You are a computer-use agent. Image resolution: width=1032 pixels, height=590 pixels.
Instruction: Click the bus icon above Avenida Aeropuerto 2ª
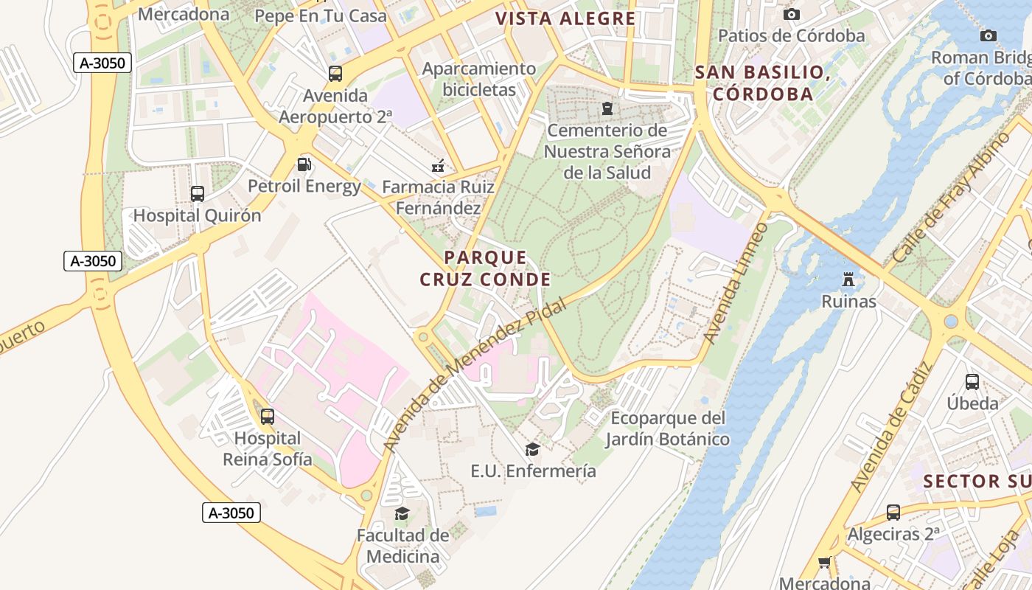pyautogui.click(x=335, y=74)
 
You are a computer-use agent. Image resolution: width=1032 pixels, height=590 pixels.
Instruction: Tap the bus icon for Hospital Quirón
pyautogui.click(x=198, y=194)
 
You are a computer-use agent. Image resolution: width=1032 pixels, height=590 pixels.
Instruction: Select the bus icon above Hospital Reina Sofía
pyautogui.click(x=268, y=417)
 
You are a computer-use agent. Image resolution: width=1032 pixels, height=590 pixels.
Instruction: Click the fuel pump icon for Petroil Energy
pyautogui.click(x=304, y=164)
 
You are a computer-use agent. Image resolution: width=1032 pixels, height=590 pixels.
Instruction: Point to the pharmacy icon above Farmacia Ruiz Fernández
pyautogui.click(x=438, y=166)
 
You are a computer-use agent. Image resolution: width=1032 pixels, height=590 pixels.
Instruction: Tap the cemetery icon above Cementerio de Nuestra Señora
pyautogui.click(x=607, y=109)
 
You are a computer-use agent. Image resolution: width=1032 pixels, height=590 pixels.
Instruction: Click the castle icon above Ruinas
pyautogui.click(x=848, y=280)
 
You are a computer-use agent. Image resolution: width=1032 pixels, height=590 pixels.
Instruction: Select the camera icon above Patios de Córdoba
pyautogui.click(x=792, y=14)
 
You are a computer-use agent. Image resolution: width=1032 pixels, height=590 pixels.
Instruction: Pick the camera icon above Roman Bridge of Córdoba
pyautogui.click(x=988, y=35)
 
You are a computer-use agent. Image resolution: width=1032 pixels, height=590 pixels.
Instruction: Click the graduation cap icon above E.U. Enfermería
pyautogui.click(x=532, y=449)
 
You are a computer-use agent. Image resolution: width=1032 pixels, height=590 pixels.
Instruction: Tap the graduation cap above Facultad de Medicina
pyautogui.click(x=402, y=513)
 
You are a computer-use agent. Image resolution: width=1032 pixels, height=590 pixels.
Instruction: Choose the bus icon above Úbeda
pyautogui.click(x=972, y=382)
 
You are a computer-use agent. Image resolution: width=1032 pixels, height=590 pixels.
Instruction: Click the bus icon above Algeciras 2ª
pyautogui.click(x=893, y=513)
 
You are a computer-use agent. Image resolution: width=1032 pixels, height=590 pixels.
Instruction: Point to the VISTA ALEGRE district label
pyautogui.click(x=565, y=18)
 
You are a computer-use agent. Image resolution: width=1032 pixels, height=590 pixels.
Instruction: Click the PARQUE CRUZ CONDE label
pyautogui.click(x=485, y=268)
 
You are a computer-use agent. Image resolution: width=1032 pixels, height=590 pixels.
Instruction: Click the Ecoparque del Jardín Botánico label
pyautogui.click(x=667, y=429)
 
